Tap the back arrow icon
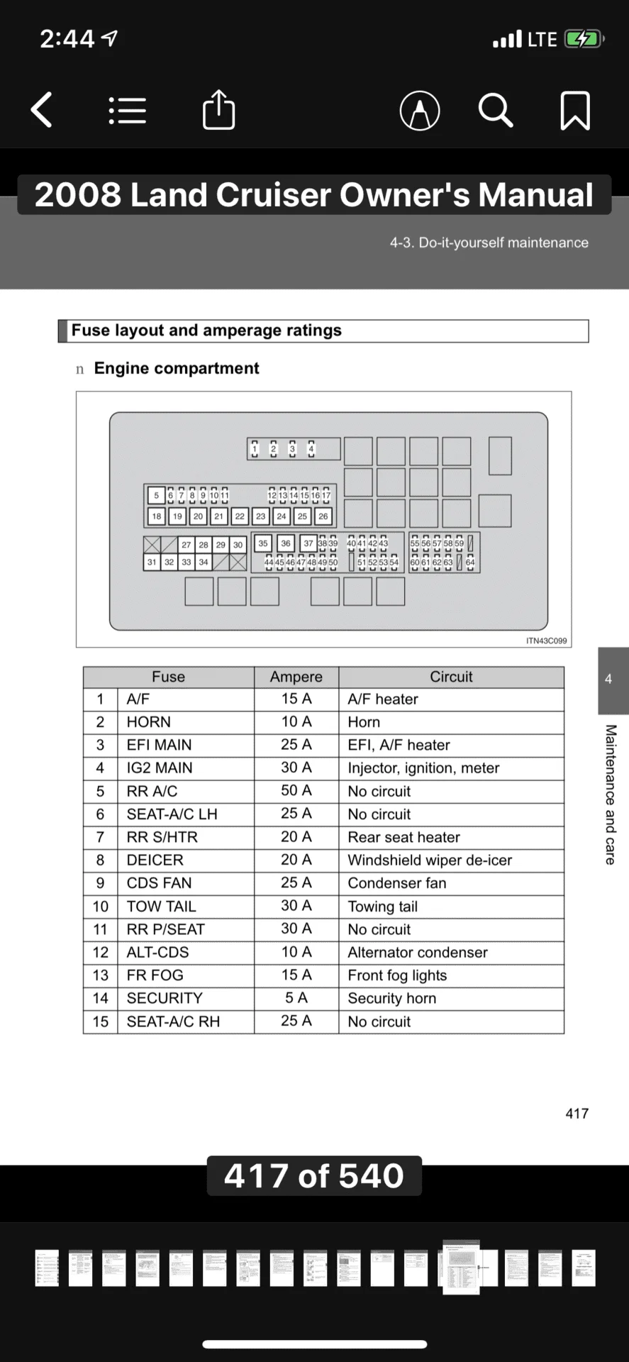pos(42,111)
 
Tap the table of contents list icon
pos(128,111)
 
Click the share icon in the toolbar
pos(218,111)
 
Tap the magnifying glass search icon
pos(495,111)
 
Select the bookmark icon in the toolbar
pos(574,111)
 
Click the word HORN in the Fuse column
pos(148,722)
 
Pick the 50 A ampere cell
pos(296,790)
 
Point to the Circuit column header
pos(451,677)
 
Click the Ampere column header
pos(296,677)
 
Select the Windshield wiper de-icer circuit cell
pos(430,860)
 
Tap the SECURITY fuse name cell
pos(165,998)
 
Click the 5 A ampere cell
pos(296,998)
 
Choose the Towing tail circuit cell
pos(383,907)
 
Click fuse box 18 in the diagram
pos(156,516)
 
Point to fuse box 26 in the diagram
pos(323,516)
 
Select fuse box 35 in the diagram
pos(263,544)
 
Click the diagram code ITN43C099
pos(546,641)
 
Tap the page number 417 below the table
pos(577,1114)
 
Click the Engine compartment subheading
pos(177,368)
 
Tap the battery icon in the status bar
pos(583,39)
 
